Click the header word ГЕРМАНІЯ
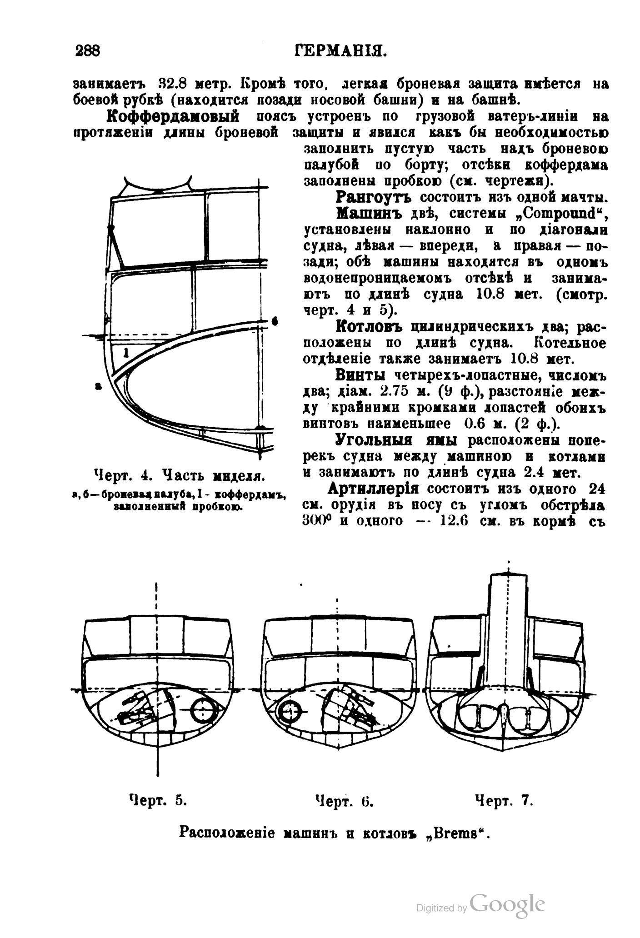tap(340, 50)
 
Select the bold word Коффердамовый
tap(173, 116)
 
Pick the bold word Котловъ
tap(370, 326)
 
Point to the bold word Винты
tap(361, 375)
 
